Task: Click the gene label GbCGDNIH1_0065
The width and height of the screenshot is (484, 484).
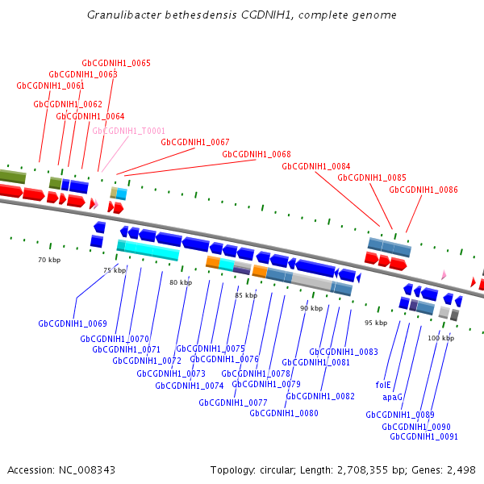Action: coord(116,63)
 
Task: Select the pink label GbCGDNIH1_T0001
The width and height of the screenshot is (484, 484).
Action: coord(129,131)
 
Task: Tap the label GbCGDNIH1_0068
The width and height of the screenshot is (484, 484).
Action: coord(257,154)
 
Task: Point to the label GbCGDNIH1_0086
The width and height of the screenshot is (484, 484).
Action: coord(423,190)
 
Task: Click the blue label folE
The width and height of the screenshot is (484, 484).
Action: coord(383,385)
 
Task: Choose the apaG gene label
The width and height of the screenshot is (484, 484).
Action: coord(392,397)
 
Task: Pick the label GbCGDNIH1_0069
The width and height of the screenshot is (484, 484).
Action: coord(73,324)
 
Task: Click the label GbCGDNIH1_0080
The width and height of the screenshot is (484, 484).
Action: coord(284,413)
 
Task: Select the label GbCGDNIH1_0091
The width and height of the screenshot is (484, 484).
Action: coord(423,436)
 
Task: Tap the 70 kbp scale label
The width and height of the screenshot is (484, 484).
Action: coord(49,261)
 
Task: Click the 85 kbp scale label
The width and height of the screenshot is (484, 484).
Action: coord(246,296)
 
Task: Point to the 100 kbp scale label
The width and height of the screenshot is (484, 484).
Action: coord(441,339)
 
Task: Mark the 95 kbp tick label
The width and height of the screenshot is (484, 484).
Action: coord(376,323)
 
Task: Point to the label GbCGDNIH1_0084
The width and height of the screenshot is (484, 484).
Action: coord(316,166)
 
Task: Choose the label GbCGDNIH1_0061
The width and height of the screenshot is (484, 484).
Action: coord(51,86)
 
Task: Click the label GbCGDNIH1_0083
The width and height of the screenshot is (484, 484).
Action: coord(344,352)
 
